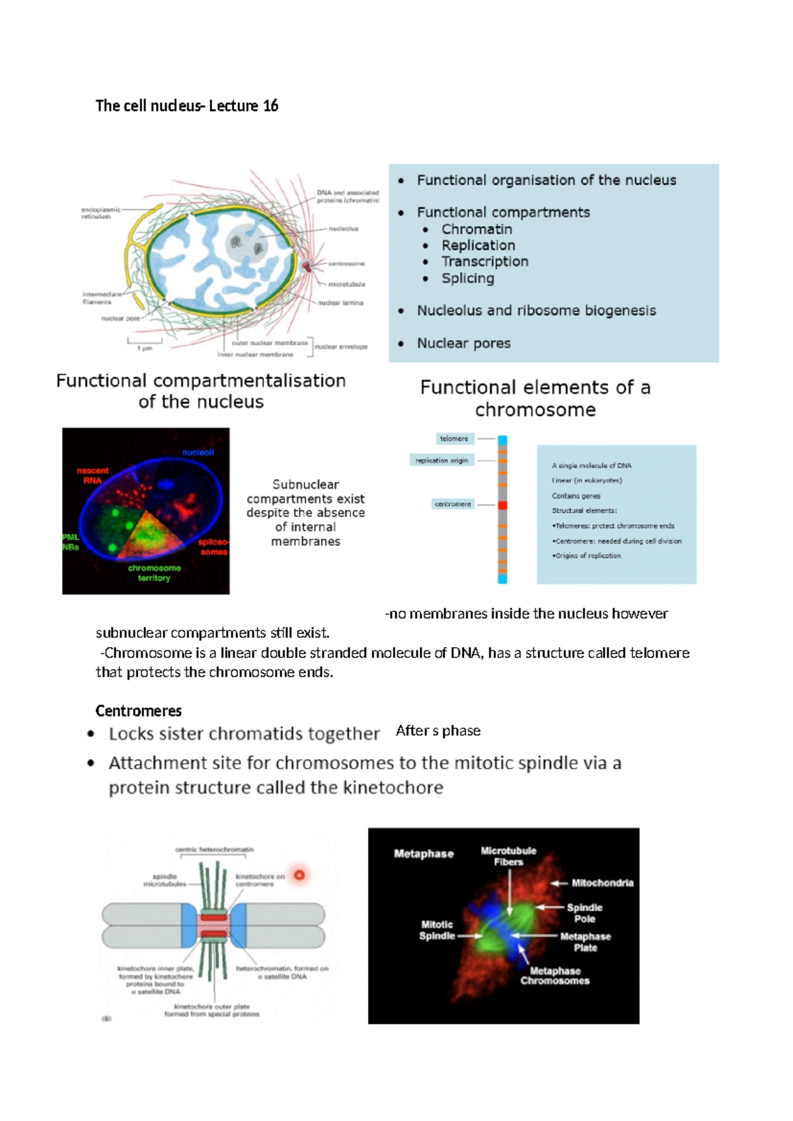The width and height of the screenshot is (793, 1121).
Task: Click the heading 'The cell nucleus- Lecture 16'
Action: [x=187, y=106]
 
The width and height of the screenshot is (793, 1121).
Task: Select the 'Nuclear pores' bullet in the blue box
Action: [x=463, y=343]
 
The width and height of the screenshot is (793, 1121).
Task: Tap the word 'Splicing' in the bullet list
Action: [x=468, y=278]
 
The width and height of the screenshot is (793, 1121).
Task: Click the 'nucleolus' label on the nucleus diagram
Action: [x=343, y=229]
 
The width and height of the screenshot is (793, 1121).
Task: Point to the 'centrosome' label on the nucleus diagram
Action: [x=346, y=264]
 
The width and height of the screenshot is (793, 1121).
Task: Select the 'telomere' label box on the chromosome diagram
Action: [x=454, y=439]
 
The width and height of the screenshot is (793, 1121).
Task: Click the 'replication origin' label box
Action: [x=442, y=461]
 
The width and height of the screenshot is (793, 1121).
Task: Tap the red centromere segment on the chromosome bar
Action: [x=502, y=505]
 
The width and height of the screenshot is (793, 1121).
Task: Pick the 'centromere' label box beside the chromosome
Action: [x=453, y=504]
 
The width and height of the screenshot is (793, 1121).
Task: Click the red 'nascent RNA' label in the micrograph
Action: [x=93, y=475]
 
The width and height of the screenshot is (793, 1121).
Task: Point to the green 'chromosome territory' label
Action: [x=154, y=573]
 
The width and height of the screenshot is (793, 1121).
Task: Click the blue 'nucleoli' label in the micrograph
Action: [x=198, y=453]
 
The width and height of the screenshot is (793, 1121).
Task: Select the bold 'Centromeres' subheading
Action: [x=139, y=711]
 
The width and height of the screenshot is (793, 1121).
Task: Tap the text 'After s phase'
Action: [x=438, y=731]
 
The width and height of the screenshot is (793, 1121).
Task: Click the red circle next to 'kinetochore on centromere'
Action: [x=299, y=875]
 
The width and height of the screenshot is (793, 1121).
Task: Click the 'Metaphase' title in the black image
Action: [x=424, y=854]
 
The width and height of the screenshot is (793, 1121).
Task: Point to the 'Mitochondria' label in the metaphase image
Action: [x=602, y=883]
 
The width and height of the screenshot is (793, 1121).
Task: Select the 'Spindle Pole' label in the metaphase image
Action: [x=584, y=913]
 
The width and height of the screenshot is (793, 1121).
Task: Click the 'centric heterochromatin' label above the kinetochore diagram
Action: [x=214, y=849]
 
